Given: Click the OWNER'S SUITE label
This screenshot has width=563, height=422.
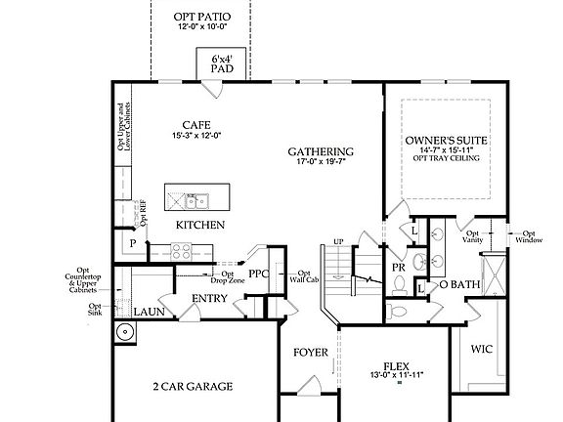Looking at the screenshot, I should point(446,142).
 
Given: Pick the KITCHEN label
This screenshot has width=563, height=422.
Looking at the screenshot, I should point(200,225).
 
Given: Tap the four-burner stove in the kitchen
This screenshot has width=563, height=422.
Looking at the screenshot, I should point(183,249).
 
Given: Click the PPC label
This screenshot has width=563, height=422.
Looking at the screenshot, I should point(259,274).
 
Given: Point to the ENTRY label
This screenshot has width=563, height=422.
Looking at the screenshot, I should point(209,298).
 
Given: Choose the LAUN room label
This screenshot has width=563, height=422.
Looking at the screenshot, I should point(149,312).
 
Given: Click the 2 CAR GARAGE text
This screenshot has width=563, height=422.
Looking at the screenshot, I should point(193,387).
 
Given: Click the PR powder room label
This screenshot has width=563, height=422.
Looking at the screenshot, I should point(399,266).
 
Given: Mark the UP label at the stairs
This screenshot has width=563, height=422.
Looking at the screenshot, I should point(339,240).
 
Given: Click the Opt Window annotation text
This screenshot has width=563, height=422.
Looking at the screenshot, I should point(529,236).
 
